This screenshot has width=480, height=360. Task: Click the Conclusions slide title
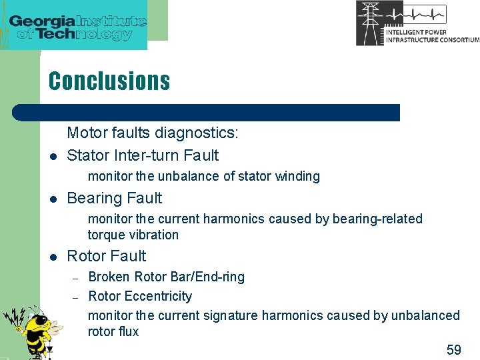[109, 81]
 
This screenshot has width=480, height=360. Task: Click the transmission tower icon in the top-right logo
[370, 23]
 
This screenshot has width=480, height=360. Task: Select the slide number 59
[453, 350]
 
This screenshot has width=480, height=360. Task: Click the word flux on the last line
[127, 331]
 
